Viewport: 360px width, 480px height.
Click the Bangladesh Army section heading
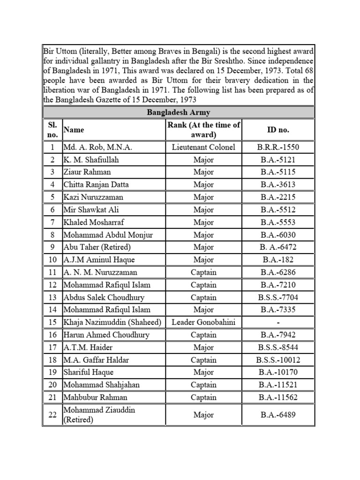[x=179, y=112]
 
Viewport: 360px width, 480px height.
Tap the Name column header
[x=74, y=129]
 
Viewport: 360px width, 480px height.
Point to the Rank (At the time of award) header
[x=203, y=129]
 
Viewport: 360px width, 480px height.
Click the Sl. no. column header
[x=52, y=129]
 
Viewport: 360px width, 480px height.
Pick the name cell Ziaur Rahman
[x=88, y=172]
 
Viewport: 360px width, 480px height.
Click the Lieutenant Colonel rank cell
[x=203, y=147]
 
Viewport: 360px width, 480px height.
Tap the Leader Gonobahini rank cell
[x=203, y=322]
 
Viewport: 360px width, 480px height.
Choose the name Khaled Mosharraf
[x=94, y=222]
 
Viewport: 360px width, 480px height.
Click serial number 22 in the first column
[x=52, y=415]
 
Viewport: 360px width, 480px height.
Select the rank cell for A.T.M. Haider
[x=203, y=347]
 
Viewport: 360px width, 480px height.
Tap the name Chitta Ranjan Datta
[x=96, y=185]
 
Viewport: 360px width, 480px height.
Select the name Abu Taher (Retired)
[x=97, y=247]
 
